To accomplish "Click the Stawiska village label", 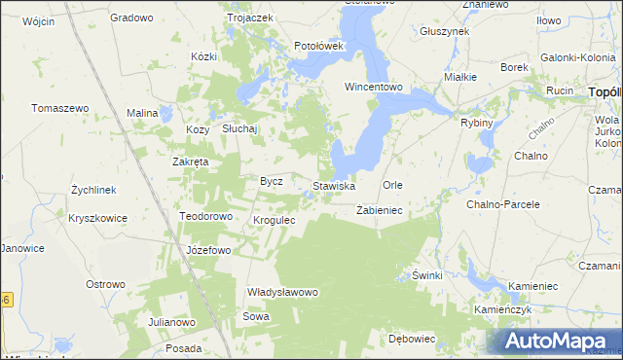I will click(333, 185).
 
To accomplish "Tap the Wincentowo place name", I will click(374, 87).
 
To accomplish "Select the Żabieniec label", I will click(380, 209).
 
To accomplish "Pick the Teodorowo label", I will click(205, 216).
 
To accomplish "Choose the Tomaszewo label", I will click(60, 108).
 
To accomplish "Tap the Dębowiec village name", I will click(411, 340).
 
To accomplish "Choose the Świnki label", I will click(427, 275).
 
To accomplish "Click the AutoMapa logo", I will click(556, 341).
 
